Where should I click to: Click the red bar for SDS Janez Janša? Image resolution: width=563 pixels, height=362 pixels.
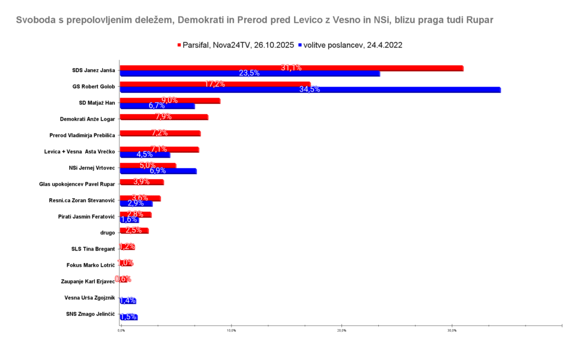click(291, 68)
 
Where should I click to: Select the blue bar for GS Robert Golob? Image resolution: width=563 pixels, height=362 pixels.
click(310, 90)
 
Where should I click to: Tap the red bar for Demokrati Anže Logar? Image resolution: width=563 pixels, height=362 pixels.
click(164, 117)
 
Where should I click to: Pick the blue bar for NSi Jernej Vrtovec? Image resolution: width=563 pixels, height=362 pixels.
click(158, 171)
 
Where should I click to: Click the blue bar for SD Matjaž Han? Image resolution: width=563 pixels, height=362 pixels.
click(157, 106)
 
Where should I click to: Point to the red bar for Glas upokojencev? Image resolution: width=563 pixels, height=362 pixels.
click(142, 182)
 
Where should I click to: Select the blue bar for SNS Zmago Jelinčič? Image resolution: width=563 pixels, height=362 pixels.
click(129, 317)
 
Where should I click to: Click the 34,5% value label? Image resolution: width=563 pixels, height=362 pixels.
click(310, 90)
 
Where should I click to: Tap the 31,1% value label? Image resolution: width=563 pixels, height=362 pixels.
click(291, 68)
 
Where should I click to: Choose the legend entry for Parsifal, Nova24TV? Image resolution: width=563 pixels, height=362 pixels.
click(235, 46)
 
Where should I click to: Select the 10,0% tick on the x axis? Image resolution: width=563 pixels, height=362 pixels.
click(231, 330)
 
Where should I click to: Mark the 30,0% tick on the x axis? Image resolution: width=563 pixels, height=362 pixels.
click(451, 330)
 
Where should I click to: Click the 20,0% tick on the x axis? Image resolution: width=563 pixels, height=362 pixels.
click(341, 330)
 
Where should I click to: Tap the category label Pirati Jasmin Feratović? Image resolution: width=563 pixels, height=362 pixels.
click(86, 216)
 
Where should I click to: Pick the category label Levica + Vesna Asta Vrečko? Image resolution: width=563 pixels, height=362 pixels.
click(79, 151)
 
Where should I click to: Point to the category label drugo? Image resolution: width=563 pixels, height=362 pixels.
click(107, 233)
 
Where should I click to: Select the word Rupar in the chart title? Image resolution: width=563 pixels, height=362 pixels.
click(481, 20)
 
